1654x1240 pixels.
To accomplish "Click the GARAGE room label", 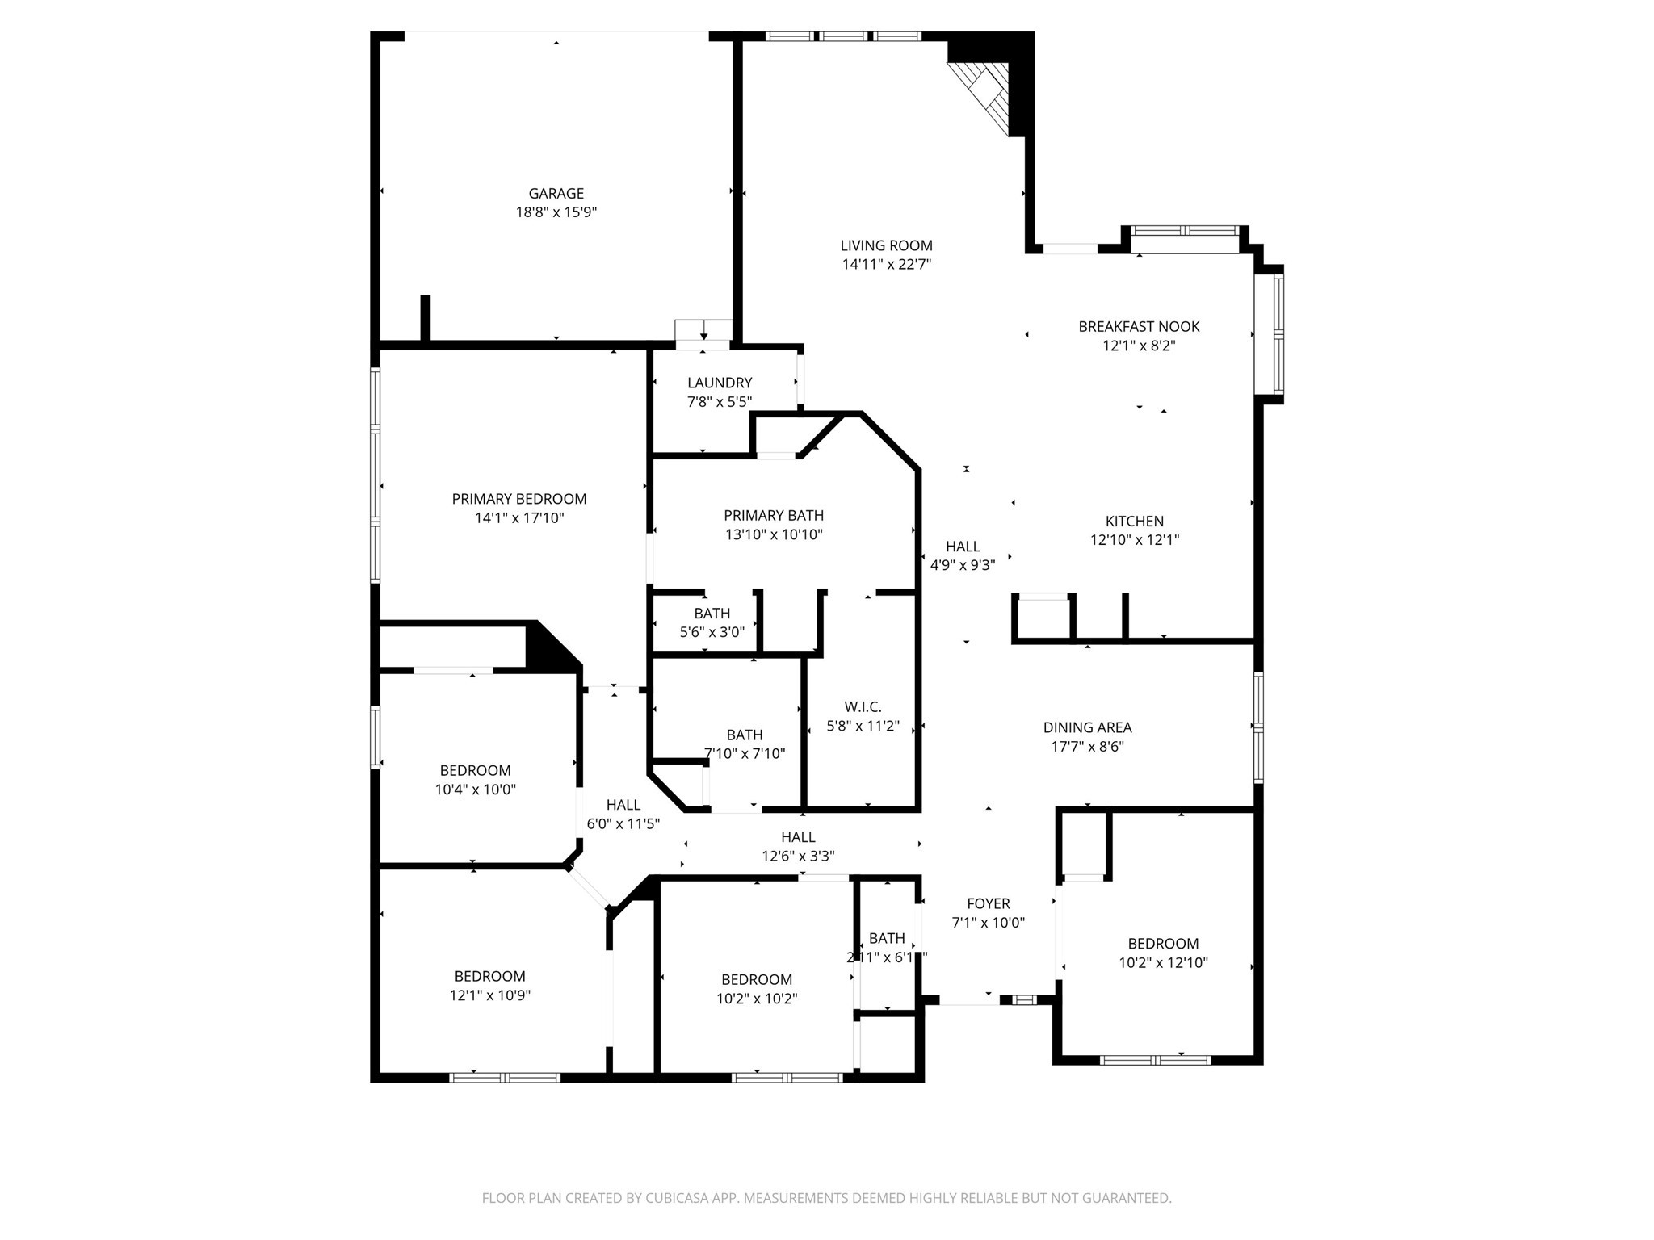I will [556, 194].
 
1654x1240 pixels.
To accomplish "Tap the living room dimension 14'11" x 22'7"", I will [886, 265].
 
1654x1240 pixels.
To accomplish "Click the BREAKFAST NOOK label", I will [1139, 327].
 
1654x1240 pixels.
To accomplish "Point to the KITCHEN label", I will [1134, 522].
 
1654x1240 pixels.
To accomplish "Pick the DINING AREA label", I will [1087, 728].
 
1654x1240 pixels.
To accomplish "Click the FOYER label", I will [988, 904].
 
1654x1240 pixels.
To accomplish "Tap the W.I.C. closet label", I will [863, 707].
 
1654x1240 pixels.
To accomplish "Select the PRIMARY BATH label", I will [774, 516].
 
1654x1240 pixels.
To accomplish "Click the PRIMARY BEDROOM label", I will [518, 500].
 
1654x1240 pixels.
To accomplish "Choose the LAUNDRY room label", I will [720, 383].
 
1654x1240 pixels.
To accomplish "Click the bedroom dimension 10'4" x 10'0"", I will [475, 790].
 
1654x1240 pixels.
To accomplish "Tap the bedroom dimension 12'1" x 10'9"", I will [489, 996].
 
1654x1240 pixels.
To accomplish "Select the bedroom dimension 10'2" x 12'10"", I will [1163, 963].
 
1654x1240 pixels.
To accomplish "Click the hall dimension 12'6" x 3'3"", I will [798, 857].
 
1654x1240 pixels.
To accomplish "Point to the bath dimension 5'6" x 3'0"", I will [712, 632].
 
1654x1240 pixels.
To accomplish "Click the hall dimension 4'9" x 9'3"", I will [963, 566].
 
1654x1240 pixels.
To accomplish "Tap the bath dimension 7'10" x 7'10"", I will [744, 754].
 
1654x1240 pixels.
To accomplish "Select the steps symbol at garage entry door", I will [703, 330].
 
